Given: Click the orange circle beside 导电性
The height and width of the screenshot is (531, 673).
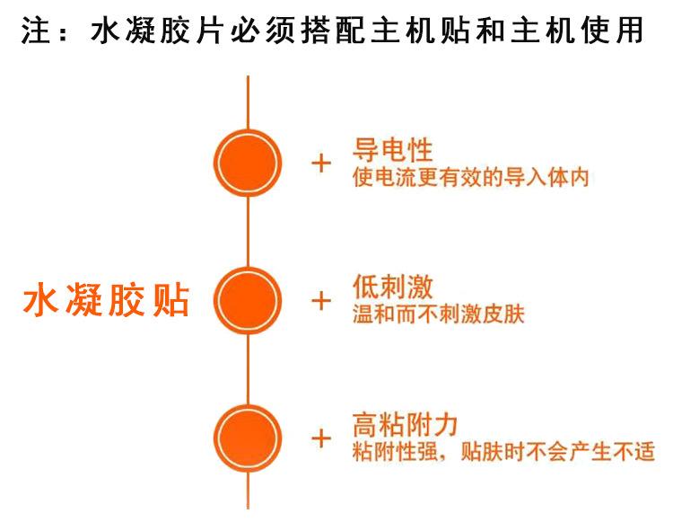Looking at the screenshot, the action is tap(248, 164).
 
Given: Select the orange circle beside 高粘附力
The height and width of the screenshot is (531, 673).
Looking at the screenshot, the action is tap(248, 438).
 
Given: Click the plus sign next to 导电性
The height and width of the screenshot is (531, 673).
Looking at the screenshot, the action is tap(320, 164).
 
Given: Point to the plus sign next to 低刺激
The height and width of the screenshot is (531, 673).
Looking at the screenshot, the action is tap(320, 300).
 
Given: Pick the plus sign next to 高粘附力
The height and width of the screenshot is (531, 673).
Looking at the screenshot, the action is tap(320, 438).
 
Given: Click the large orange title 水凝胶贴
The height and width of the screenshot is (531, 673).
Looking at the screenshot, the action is tap(106, 301).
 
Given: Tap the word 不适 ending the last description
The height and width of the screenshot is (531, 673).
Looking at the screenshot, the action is tap(634, 452).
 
